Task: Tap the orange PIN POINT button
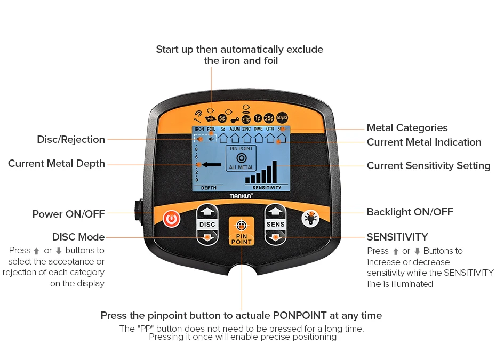pos(242,231)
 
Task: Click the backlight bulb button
pos(310,218)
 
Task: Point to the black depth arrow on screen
pos(211,165)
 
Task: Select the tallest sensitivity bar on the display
pos(275,172)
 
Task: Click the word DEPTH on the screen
pos(209,188)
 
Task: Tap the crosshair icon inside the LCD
pos(242,158)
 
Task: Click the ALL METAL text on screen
pos(242,167)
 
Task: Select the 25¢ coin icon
pos(269,118)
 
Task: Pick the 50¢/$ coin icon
pos(282,118)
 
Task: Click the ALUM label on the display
pos(235,129)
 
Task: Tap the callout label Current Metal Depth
pos(57,164)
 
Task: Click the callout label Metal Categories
pos(407,128)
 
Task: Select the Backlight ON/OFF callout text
pos(410,212)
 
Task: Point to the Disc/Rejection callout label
pos(71,140)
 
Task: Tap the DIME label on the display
pos(258,129)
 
